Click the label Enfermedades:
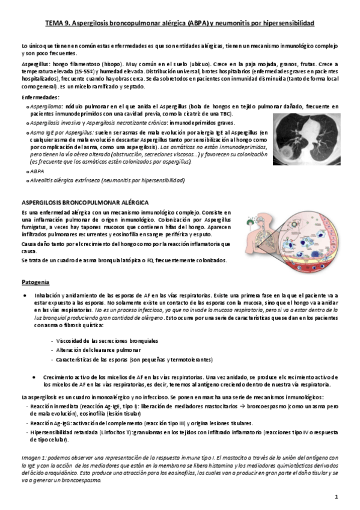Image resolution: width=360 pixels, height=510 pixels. [x=40, y=97]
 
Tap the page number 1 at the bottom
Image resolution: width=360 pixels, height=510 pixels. [x=337, y=496]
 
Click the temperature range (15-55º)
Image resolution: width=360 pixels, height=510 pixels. [x=75, y=70]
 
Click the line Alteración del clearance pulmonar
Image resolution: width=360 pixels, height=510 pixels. [x=93, y=349]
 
